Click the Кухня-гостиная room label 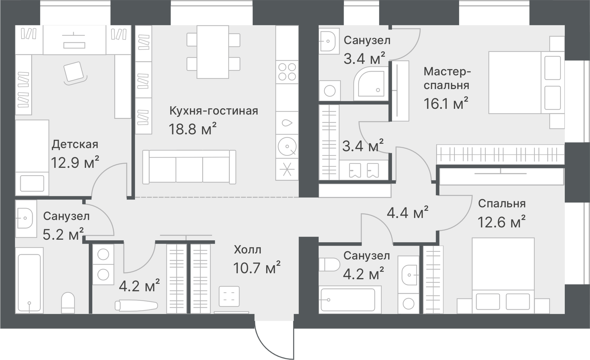(213, 111)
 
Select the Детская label (75, 144)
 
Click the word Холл (247, 249)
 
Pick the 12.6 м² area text (502, 222)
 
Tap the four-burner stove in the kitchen (287, 72)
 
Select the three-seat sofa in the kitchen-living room (189, 167)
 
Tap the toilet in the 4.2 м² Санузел (329, 264)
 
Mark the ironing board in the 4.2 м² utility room (136, 305)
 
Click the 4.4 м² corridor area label (407, 212)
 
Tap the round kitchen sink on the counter (287, 146)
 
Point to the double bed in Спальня (503, 275)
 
